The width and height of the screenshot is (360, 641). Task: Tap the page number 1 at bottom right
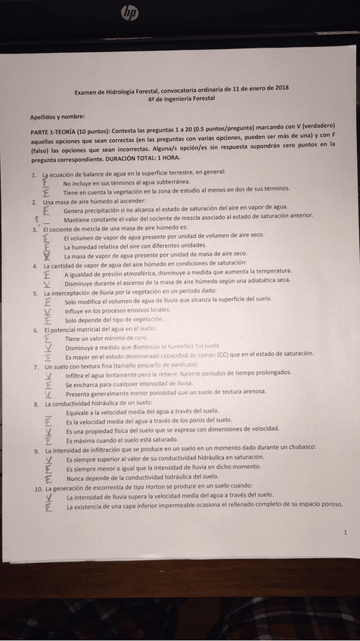click(x=345, y=532)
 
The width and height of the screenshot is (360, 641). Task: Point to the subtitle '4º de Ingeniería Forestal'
click(x=182, y=98)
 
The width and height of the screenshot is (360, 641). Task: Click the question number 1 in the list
click(x=34, y=173)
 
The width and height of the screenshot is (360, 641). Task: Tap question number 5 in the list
click(x=36, y=293)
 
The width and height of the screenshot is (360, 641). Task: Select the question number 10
click(x=36, y=488)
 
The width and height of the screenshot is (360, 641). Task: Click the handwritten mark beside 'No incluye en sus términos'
click(x=45, y=182)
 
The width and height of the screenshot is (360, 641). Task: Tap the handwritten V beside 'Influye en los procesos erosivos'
click(x=48, y=311)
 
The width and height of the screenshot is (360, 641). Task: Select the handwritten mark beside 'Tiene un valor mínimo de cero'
click(x=47, y=339)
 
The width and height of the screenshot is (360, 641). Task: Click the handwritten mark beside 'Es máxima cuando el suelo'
click(x=48, y=439)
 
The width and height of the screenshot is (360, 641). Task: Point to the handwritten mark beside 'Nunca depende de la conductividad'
click(x=48, y=478)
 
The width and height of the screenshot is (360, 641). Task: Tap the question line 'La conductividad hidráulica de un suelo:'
click(x=98, y=403)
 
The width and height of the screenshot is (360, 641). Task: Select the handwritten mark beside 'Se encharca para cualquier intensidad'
click(x=48, y=384)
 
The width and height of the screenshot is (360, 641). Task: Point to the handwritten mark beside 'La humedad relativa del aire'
click(x=47, y=246)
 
